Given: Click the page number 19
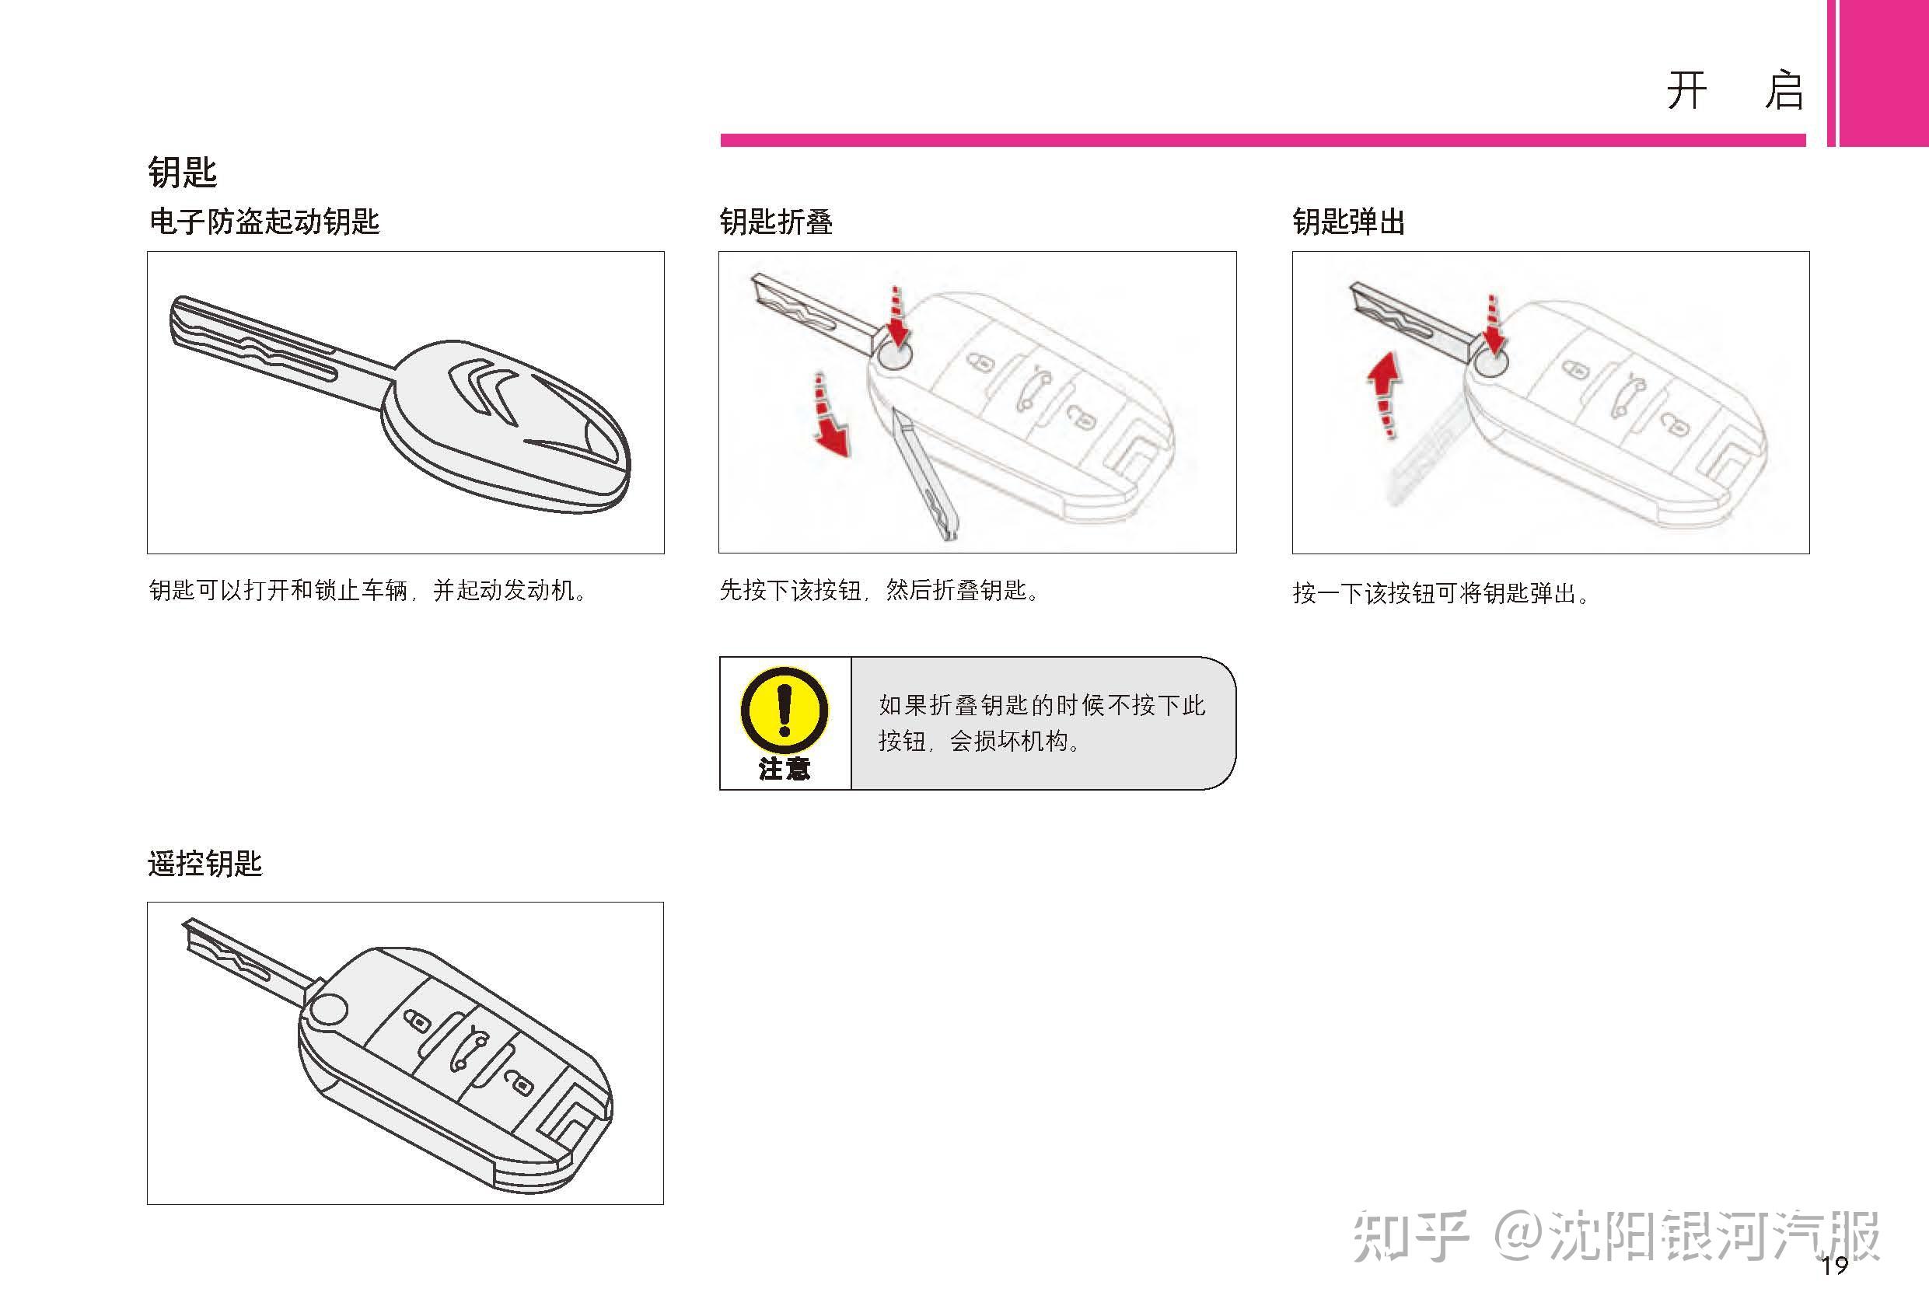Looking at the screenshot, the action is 1834,1266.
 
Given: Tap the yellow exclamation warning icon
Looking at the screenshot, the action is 784,711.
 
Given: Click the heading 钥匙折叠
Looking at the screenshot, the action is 776,222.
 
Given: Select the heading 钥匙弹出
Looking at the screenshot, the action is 1349,222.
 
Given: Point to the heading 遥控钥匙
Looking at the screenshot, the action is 205,863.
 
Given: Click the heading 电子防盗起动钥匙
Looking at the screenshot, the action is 264,222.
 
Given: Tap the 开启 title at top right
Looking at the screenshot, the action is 1735,90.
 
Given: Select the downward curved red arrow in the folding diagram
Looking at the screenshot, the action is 830,415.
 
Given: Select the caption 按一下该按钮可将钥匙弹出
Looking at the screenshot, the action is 1441,593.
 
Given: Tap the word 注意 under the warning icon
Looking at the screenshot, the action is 785,769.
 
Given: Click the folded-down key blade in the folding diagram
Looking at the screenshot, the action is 923,473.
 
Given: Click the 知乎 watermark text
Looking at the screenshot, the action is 1410,1236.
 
